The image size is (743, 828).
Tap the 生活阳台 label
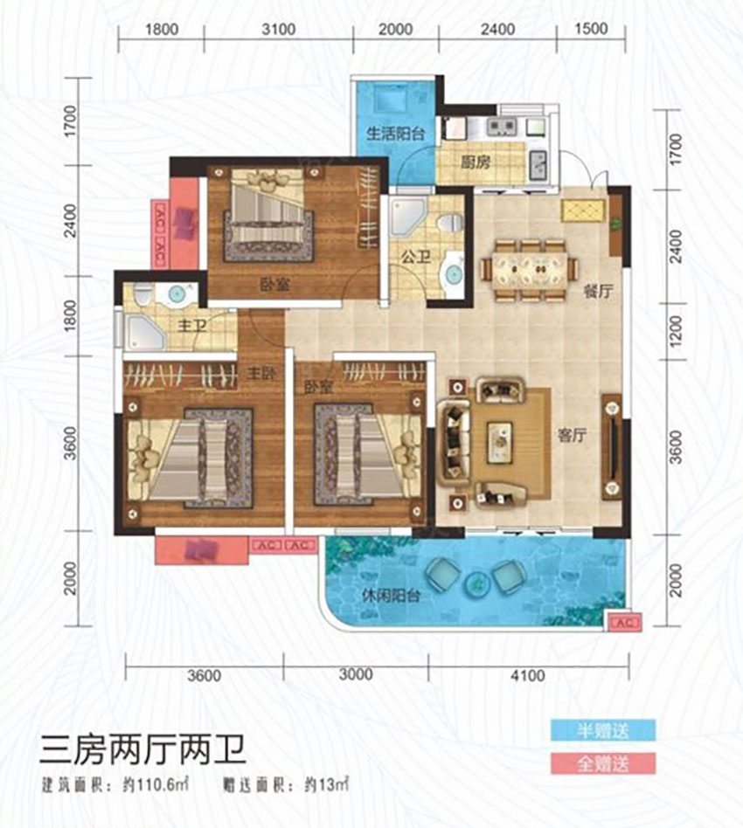point(395,134)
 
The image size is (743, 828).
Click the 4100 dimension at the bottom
point(527,674)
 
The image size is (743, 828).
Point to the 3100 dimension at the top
point(277,29)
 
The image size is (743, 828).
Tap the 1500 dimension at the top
point(592,29)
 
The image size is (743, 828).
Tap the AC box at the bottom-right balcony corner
point(622,623)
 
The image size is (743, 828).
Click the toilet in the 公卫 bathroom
point(450,222)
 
